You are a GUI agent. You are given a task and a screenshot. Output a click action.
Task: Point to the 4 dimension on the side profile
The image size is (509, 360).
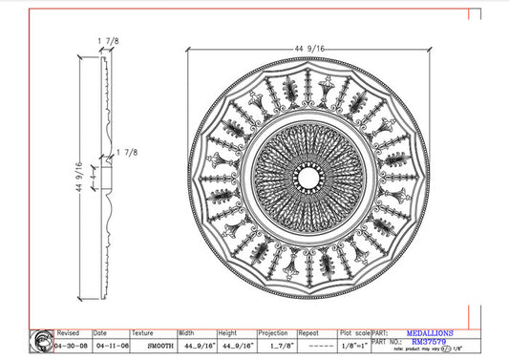(x=94, y=176)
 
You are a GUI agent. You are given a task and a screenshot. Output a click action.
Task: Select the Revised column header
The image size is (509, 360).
(x=70, y=333)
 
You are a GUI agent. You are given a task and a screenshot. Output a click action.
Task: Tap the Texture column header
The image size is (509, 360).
(x=142, y=333)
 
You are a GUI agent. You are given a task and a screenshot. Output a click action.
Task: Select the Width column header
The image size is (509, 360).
(x=186, y=333)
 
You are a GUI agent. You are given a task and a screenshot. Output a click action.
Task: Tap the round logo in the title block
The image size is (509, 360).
(x=42, y=341)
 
